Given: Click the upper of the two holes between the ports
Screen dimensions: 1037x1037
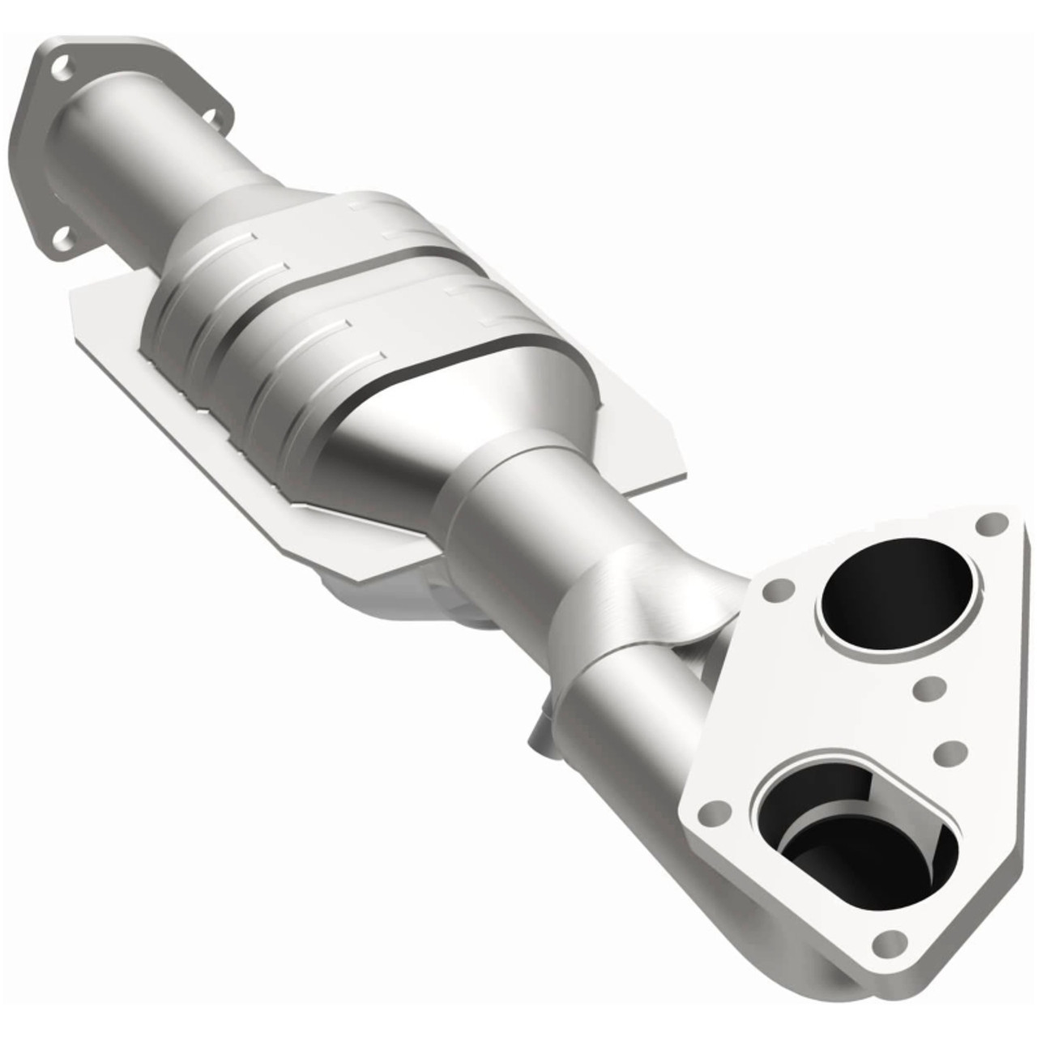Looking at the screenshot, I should click(x=927, y=689).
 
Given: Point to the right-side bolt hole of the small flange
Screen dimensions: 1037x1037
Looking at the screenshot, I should click(x=215, y=117).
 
